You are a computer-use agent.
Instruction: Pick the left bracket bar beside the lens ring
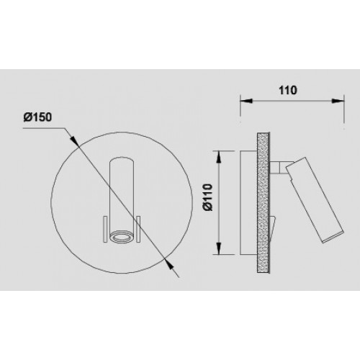[105, 227]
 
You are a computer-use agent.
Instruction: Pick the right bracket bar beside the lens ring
[135, 227]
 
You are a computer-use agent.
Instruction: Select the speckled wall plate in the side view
[264, 202]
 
